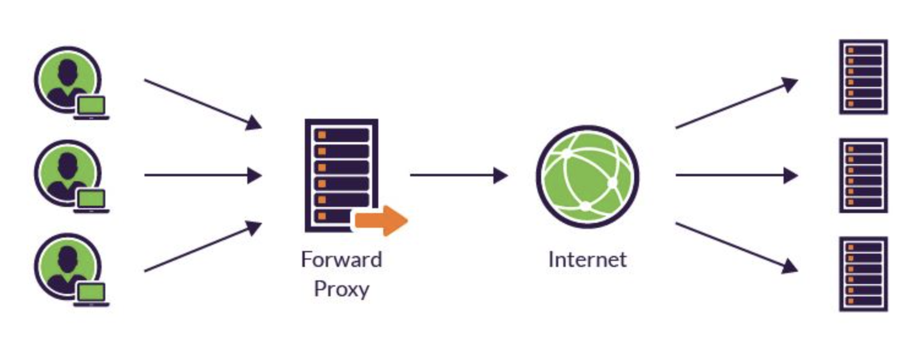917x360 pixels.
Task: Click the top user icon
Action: pyautogui.click(x=66, y=79)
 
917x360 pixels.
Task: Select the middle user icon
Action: pyautogui.click(x=66, y=172)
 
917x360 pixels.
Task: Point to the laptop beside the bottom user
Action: pyautogui.click(x=91, y=294)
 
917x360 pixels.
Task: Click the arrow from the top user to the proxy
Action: pyautogui.click(x=202, y=103)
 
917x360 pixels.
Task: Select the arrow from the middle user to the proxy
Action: pyautogui.click(x=202, y=176)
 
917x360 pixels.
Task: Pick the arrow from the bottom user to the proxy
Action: pyautogui.click(x=202, y=247)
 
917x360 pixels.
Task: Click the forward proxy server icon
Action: pyautogui.click(x=341, y=174)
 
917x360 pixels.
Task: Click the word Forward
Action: pyautogui.click(x=341, y=260)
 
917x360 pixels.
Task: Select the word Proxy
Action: pyautogui.click(x=341, y=288)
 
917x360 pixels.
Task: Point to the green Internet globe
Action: pyautogui.click(x=587, y=176)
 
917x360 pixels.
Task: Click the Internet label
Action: pyautogui.click(x=587, y=260)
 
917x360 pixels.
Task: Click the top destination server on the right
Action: pyautogui.click(x=863, y=77)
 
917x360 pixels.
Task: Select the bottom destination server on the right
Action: pyautogui.click(x=863, y=274)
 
